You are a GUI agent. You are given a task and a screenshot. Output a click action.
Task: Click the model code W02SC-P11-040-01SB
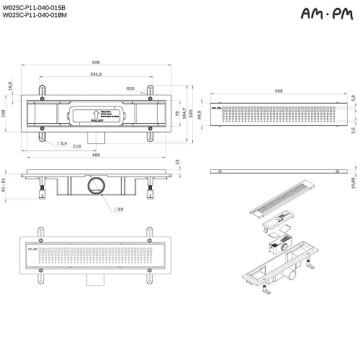35,7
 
